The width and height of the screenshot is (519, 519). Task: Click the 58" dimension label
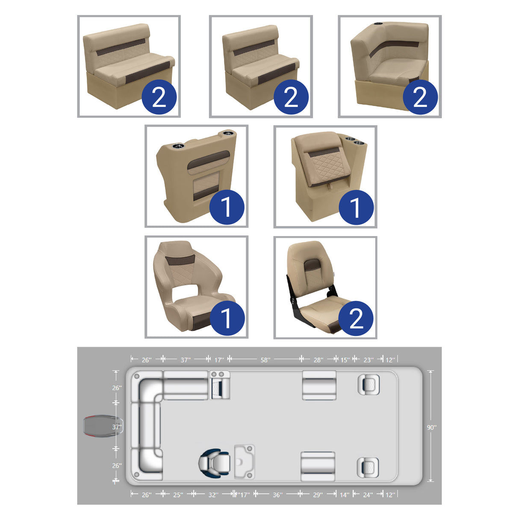[x=265, y=360]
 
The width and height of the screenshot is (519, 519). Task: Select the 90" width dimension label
[x=431, y=427]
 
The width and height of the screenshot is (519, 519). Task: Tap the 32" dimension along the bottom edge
[x=213, y=495]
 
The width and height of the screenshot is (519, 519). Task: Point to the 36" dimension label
[x=277, y=495]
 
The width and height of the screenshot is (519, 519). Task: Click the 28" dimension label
[x=318, y=360]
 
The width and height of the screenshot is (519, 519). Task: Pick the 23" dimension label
[x=368, y=360]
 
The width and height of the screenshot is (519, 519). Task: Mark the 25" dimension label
[x=178, y=495]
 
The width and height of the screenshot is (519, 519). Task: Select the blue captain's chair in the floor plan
[x=214, y=463]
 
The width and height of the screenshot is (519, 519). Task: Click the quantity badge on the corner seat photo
[x=420, y=97]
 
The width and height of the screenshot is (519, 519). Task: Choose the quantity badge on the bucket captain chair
[x=227, y=318]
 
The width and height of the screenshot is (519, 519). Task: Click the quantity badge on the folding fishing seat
[x=356, y=318]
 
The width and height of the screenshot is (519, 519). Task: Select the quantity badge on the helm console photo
[x=227, y=207]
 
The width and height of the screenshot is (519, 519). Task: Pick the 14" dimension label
[x=345, y=495]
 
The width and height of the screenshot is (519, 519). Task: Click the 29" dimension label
[x=318, y=495]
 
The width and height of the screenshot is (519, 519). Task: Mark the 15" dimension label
[x=345, y=360]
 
